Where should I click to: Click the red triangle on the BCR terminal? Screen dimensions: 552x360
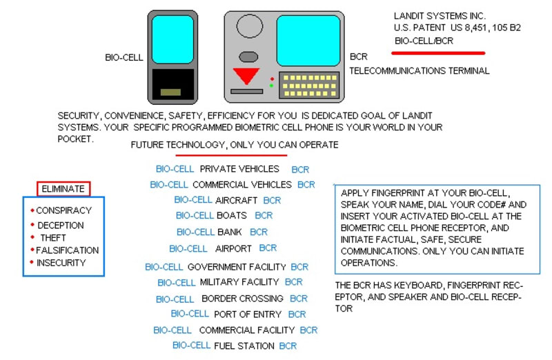tap(246, 75)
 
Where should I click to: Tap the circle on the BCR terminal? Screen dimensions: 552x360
tap(250, 26)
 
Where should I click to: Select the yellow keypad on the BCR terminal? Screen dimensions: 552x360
tap(309, 85)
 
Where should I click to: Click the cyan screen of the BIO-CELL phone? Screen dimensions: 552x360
tap(172, 39)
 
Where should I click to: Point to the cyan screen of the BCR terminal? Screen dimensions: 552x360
tap(308, 41)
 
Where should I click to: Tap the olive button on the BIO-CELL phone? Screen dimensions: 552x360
tap(170, 92)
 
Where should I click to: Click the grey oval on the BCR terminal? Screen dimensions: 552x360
tap(248, 57)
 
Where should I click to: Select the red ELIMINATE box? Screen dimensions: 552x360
tap(63, 189)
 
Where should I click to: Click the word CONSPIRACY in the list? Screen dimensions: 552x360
tap(63, 210)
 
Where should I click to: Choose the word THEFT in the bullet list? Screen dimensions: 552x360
tap(53, 238)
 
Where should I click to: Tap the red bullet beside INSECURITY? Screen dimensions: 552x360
tap(32, 262)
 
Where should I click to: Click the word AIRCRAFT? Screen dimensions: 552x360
tap(236, 200)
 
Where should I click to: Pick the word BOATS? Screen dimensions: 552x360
tap(232, 215)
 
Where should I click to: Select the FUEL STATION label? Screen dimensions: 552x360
tap(244, 346)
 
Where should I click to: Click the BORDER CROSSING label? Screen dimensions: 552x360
tap(243, 299)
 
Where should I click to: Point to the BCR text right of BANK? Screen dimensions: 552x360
tap(259, 232)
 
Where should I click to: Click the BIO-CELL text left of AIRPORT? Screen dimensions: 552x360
tap(188, 249)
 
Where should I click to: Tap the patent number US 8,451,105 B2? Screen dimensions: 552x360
tap(486, 28)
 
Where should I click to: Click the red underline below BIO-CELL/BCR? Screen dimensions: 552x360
tap(438, 53)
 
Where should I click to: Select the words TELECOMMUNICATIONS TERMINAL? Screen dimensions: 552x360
tap(420, 71)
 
